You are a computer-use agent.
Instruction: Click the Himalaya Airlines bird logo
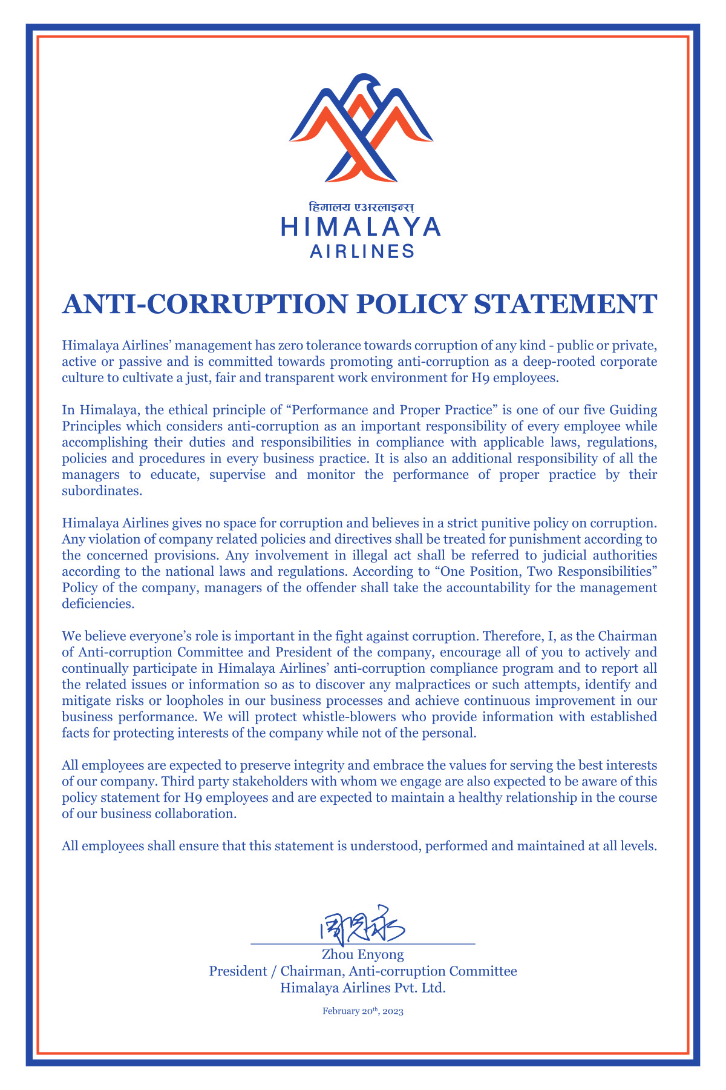pyautogui.click(x=361, y=128)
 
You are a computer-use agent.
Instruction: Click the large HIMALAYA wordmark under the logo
pyautogui.click(x=361, y=227)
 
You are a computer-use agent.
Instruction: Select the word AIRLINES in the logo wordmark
pyautogui.click(x=362, y=251)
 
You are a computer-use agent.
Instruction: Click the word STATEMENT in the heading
pyautogui.click(x=565, y=303)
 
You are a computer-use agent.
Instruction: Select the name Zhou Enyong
pyautogui.click(x=362, y=955)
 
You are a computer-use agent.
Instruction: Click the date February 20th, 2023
pyautogui.click(x=362, y=1011)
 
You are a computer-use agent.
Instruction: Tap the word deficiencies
pyautogui.click(x=97, y=604)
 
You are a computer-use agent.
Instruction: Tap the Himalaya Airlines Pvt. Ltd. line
pyautogui.click(x=362, y=988)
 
